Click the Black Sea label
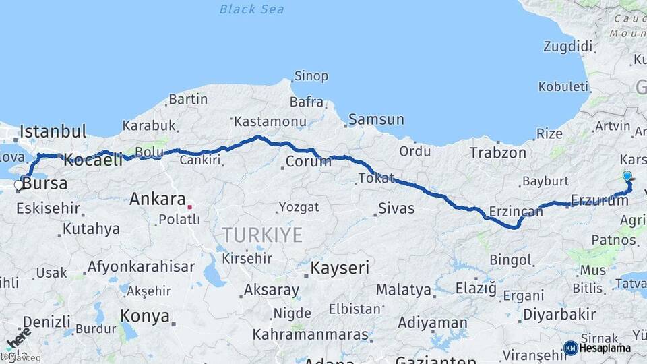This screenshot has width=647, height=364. coord(251,9)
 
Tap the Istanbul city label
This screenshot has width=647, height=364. coord(53,131)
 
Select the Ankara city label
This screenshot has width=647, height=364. coord(157,199)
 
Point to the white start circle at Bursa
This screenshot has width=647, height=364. coord(18,184)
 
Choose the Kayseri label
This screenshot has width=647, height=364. coord(340,268)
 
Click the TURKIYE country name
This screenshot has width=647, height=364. coord(262,235)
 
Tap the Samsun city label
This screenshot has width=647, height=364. coord(377,119)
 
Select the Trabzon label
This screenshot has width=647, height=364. coord(497,153)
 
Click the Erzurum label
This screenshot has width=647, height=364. coord(595,200)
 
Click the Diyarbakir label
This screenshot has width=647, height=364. coord(559,314)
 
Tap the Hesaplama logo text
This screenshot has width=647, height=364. coord(605,348)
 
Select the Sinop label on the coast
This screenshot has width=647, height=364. coord(311,76)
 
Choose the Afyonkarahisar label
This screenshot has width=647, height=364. coord(141,266)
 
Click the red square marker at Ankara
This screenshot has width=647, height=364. coord(190,207)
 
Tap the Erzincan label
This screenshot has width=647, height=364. coord(516,211)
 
